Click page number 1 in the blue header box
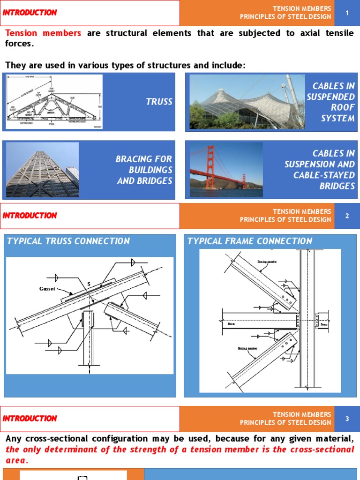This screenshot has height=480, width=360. (x=347, y=13)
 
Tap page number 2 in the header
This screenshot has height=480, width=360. (x=347, y=216)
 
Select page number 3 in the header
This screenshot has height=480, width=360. (x=347, y=419)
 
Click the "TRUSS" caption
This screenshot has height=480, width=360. (x=159, y=102)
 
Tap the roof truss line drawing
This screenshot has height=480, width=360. (x=54, y=102)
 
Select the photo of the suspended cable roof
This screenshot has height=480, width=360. (x=247, y=102)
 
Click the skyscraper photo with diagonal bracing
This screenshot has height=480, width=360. (x=42, y=170)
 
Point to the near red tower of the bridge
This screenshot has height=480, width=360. (x=210, y=167)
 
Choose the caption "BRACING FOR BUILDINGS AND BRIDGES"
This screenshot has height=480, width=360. (x=144, y=170)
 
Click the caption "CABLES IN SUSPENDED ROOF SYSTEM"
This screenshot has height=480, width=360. (x=331, y=102)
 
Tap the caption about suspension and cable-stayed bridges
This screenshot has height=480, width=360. (x=320, y=170)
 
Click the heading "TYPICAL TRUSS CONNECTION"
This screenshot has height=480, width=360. (x=68, y=241)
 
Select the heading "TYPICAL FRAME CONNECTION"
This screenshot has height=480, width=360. (x=250, y=241)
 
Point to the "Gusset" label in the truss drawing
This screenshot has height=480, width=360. (x=47, y=289)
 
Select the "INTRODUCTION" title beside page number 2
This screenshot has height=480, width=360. (x=30, y=216)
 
